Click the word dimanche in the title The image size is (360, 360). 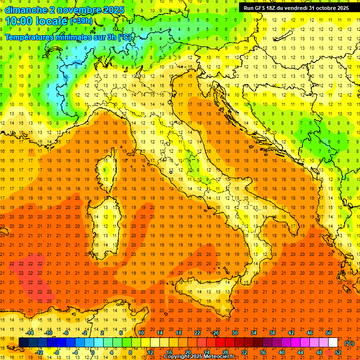[x=26, y=10]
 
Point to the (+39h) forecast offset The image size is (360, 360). [x=81, y=21]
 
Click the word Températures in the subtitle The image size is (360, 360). [x=31, y=37]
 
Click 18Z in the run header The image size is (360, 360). [x=273, y=8]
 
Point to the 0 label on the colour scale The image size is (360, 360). [x=93, y=352]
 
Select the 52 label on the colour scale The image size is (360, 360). [x=338, y=352]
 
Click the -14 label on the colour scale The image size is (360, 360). [x=30, y=333]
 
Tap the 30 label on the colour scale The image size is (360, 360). [x=234, y=333]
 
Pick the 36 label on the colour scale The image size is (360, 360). [x=262, y=352]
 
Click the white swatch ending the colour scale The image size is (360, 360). [x=333, y=342]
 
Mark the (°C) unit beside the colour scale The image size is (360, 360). [x=349, y=343]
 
